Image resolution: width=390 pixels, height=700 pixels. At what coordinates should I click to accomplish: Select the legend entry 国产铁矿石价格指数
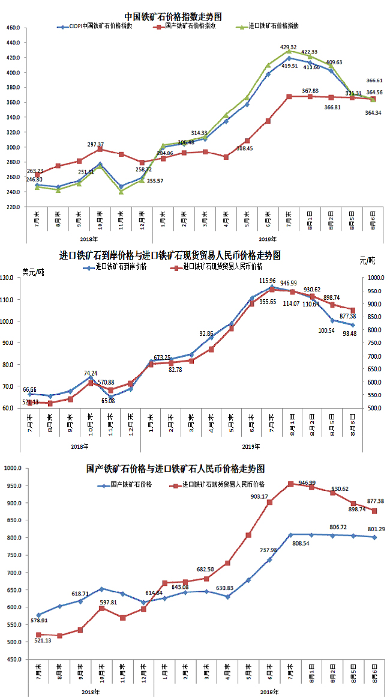click(x=190, y=26)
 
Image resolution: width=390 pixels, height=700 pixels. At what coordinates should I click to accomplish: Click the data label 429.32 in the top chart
click(x=289, y=47)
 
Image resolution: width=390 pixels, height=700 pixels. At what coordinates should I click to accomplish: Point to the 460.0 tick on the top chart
click(x=12, y=28)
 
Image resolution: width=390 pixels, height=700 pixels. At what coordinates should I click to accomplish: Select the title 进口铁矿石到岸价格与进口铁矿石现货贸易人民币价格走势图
click(x=170, y=255)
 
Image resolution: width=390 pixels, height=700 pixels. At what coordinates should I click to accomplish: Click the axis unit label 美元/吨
click(x=34, y=272)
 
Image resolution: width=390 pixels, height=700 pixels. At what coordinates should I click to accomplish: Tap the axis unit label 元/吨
click(x=367, y=260)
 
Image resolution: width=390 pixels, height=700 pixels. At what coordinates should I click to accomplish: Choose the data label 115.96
click(x=267, y=281)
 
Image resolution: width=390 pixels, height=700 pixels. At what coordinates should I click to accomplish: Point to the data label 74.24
click(x=92, y=373)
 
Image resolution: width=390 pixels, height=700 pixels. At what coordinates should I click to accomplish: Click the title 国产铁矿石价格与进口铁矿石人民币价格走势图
click(x=175, y=469)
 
